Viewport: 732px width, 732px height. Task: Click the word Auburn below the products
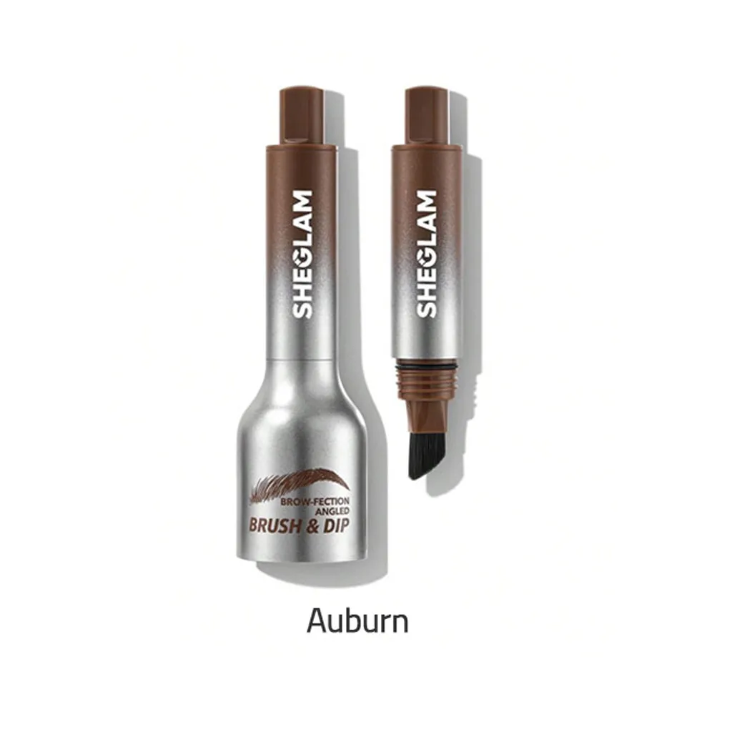(357, 621)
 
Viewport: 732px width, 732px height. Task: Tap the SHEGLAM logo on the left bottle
(302, 254)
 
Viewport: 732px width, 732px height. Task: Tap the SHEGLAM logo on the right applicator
(426, 254)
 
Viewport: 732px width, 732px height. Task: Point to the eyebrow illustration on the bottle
(300, 485)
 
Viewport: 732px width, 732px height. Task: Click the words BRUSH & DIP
(300, 525)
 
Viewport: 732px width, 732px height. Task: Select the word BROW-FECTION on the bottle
(315, 502)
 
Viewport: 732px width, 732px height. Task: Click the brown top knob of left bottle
(302, 116)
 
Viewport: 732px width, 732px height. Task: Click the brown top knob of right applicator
(426, 116)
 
